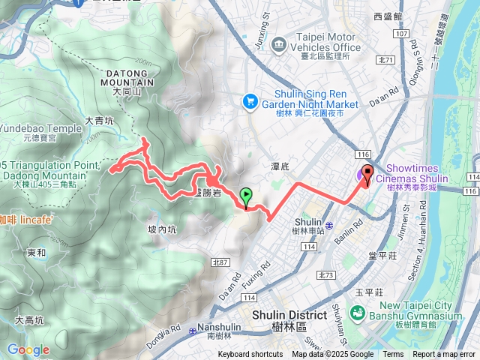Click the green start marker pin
click(246, 197)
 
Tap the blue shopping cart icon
click(249, 100)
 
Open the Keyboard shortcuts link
click(250, 355)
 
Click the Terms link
click(393, 355)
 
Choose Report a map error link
click(443, 355)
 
